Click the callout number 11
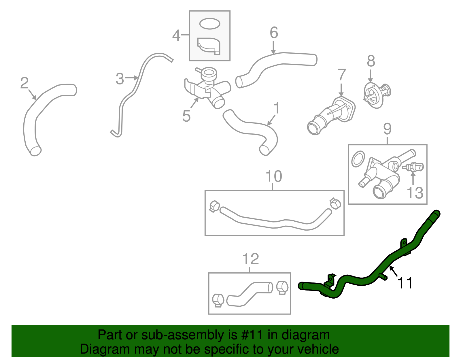tap(405, 283)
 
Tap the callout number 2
tap(24, 83)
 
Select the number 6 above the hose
tap(274, 33)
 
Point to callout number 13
tap(415, 193)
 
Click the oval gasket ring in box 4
tap(210, 24)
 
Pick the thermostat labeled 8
tap(376, 95)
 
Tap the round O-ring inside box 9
tap(358, 159)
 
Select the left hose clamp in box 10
tap(214, 206)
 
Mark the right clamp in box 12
tap(282, 287)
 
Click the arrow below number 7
tap(341, 90)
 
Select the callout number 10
tap(273, 176)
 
